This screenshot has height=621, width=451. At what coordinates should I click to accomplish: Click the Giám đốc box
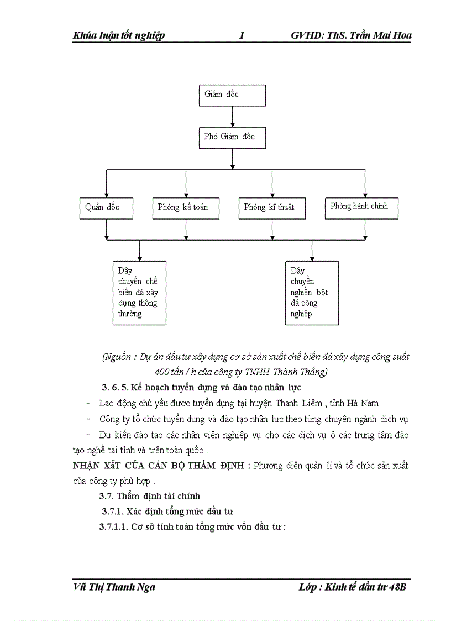(x=232, y=95)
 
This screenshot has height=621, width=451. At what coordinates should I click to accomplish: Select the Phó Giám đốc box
(x=232, y=137)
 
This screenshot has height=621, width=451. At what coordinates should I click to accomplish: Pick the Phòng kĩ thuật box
(x=272, y=208)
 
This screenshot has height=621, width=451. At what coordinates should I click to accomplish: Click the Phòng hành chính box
(x=361, y=207)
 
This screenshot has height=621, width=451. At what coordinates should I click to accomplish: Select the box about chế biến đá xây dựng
(x=139, y=293)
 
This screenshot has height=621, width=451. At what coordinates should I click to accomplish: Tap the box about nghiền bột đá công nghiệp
(x=312, y=293)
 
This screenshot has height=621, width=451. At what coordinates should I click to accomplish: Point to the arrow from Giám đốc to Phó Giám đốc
(x=232, y=117)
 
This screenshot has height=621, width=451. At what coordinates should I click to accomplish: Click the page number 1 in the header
(x=242, y=36)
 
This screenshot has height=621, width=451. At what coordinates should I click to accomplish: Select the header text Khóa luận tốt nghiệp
(x=119, y=36)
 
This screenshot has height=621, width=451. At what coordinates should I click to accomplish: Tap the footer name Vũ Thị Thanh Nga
(x=114, y=587)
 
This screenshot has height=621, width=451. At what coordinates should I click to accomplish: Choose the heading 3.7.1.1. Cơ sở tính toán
(x=192, y=527)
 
